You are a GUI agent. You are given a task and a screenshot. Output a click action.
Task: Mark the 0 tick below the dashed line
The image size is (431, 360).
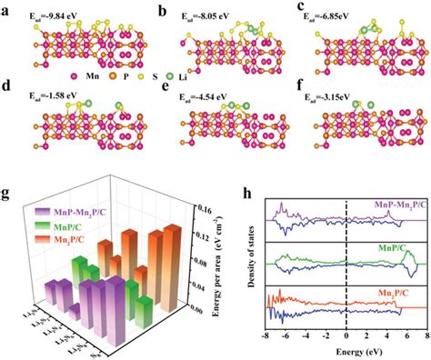347,335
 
